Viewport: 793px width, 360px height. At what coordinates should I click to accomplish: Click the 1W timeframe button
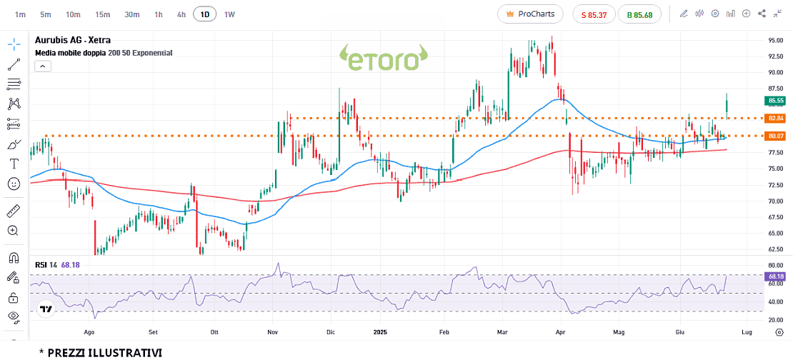pyautogui.click(x=229, y=14)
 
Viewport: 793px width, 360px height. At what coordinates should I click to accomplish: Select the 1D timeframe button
pyautogui.click(x=205, y=14)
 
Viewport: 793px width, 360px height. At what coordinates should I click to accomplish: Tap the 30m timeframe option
pyautogui.click(x=132, y=14)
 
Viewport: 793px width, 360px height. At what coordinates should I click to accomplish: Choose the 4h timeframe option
pyautogui.click(x=181, y=14)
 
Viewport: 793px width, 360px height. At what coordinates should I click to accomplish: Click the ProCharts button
pyautogui.click(x=530, y=14)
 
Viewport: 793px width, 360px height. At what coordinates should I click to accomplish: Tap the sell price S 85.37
pyautogui.click(x=594, y=14)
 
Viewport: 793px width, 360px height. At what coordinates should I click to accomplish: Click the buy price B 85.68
pyautogui.click(x=639, y=14)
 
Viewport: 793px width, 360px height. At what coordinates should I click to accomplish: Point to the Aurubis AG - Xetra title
pyautogui.click(x=73, y=41)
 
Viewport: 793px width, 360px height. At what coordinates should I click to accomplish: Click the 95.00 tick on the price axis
pyautogui.click(x=777, y=40)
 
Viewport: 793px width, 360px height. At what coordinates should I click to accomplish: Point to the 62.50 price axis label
pyautogui.click(x=777, y=249)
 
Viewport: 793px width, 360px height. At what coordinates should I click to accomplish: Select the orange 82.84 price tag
pyautogui.click(x=777, y=118)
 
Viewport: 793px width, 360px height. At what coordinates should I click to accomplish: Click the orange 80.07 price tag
pyautogui.click(x=777, y=136)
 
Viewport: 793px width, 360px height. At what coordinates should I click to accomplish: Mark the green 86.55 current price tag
pyautogui.click(x=777, y=101)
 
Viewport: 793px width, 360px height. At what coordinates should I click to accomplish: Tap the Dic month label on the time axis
pyautogui.click(x=331, y=332)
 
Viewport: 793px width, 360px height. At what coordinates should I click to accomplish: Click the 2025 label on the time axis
pyautogui.click(x=380, y=332)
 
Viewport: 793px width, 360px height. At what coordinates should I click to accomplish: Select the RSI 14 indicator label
pyautogui.click(x=46, y=265)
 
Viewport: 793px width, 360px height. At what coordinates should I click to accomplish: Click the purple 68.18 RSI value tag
pyautogui.click(x=777, y=276)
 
